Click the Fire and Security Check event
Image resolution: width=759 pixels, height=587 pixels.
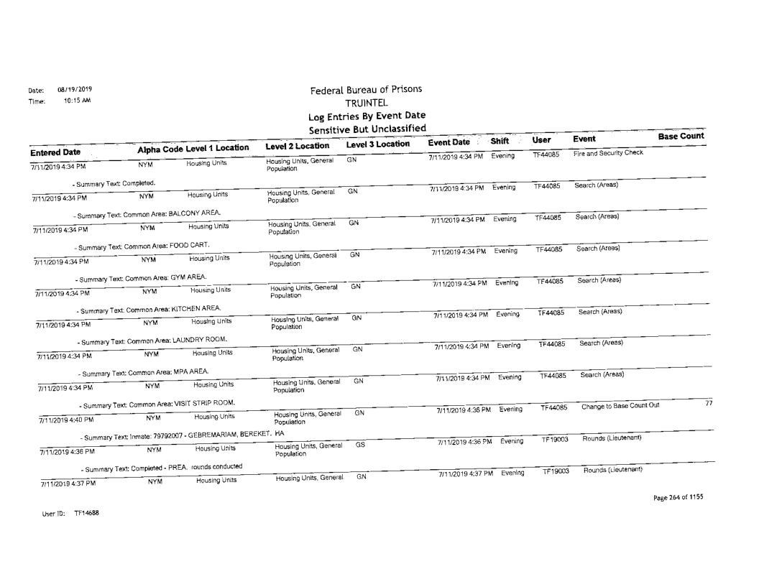point(609,152)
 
